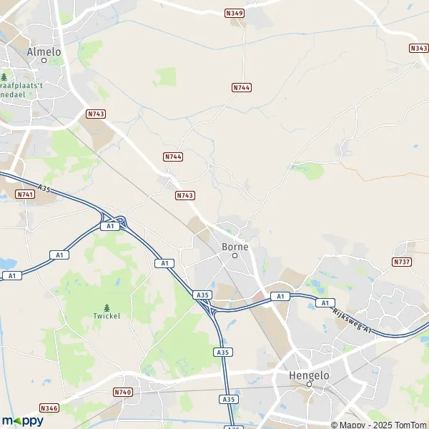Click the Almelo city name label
(x=44, y=51)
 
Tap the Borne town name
(x=235, y=247)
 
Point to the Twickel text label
(x=107, y=315)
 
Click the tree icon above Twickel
(x=107, y=307)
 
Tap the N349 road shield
(x=234, y=13)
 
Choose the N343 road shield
(x=419, y=48)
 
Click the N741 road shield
(x=24, y=194)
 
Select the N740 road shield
(x=122, y=392)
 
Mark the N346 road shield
(x=49, y=408)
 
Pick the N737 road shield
(x=402, y=262)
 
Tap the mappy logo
(x=22, y=420)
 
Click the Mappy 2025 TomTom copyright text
(x=380, y=424)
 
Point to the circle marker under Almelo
(x=44, y=61)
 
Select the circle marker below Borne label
(x=235, y=255)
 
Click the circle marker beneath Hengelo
(x=309, y=384)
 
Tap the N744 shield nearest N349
(x=241, y=87)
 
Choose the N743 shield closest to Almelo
(x=96, y=114)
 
